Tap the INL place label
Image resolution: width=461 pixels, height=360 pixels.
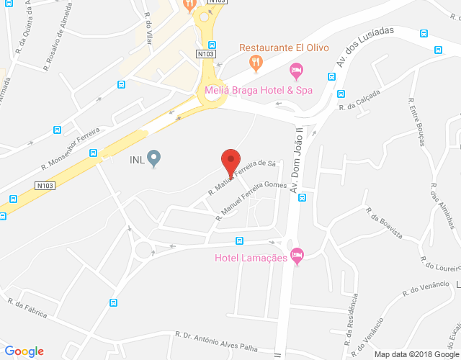point(136,160)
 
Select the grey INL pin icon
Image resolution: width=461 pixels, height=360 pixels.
point(153,158)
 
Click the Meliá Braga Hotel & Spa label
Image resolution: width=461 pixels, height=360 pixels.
point(259,90)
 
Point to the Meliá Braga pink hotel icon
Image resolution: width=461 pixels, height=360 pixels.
point(295,71)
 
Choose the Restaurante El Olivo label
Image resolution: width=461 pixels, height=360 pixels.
point(284,48)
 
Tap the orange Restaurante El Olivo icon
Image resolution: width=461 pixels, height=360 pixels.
point(254,63)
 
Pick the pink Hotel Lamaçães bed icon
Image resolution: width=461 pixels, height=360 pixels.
point(297,256)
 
